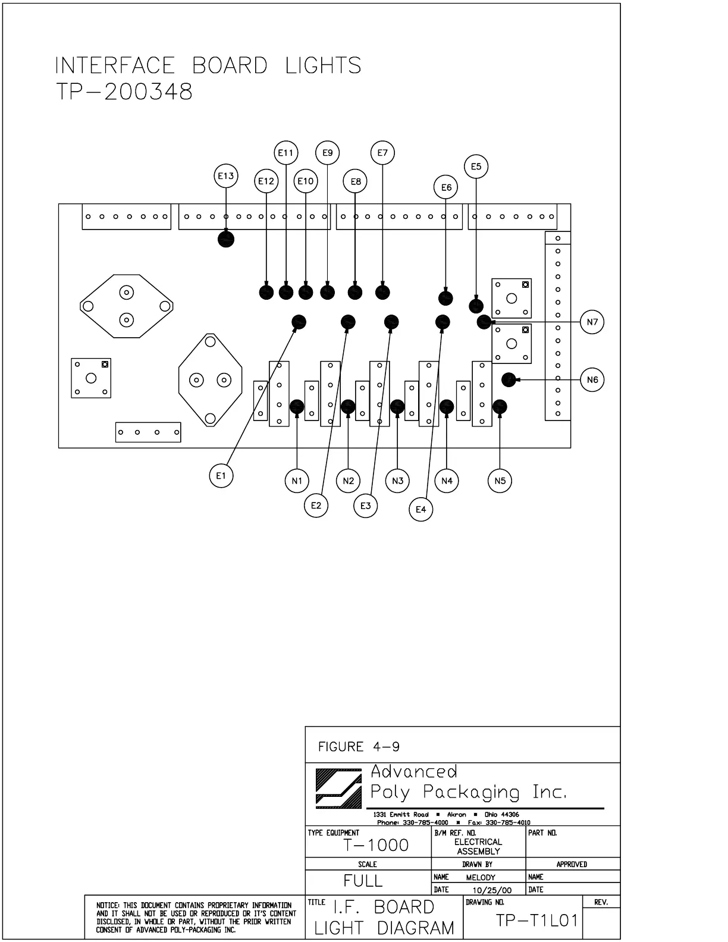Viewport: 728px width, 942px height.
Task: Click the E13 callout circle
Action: point(226,176)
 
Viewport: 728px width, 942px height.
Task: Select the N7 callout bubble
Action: point(592,322)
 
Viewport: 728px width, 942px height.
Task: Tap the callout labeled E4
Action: point(421,509)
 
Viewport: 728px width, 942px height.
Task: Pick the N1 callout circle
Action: point(297,481)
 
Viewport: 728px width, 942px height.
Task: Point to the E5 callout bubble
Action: point(476,167)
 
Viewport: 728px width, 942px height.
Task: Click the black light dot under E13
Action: point(226,239)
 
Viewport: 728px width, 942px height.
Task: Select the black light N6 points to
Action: point(509,379)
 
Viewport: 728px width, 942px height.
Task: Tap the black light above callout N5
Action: point(500,406)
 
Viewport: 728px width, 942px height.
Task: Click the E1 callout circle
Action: point(221,476)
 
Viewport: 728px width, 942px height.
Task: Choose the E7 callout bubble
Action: point(382,153)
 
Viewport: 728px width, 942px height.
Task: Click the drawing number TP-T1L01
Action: point(536,921)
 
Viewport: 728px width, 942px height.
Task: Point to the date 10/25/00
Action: point(491,890)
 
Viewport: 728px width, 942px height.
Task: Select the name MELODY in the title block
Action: point(481,877)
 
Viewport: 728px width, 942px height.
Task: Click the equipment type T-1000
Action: point(376,845)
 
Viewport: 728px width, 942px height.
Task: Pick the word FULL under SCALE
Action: point(363,881)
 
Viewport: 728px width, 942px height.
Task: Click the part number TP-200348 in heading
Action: point(124,92)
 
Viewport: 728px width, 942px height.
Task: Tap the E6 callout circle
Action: point(446,188)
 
